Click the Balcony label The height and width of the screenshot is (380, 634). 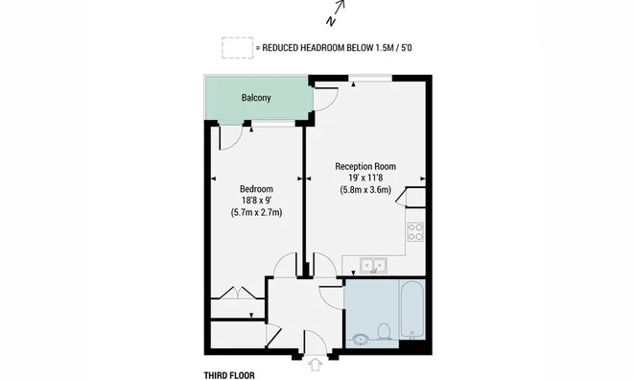[x=256, y=98]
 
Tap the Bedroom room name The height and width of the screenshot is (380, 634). [x=256, y=189]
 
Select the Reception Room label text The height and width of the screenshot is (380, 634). [x=365, y=166]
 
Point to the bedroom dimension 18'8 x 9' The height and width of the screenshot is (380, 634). [x=256, y=200]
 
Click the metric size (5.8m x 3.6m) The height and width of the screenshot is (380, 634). [x=365, y=189]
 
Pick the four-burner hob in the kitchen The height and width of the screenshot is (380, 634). [x=415, y=231]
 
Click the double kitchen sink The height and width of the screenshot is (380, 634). [x=374, y=266]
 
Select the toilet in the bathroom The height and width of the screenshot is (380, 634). [x=384, y=331]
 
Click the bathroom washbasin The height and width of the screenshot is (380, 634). [x=359, y=339]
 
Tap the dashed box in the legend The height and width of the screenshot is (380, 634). [x=237, y=48]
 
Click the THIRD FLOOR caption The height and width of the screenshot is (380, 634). [x=229, y=375]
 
